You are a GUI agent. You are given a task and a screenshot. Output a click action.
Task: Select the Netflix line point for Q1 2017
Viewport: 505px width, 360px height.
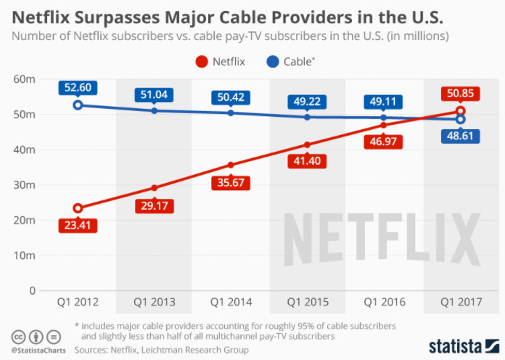(x=460, y=111)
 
